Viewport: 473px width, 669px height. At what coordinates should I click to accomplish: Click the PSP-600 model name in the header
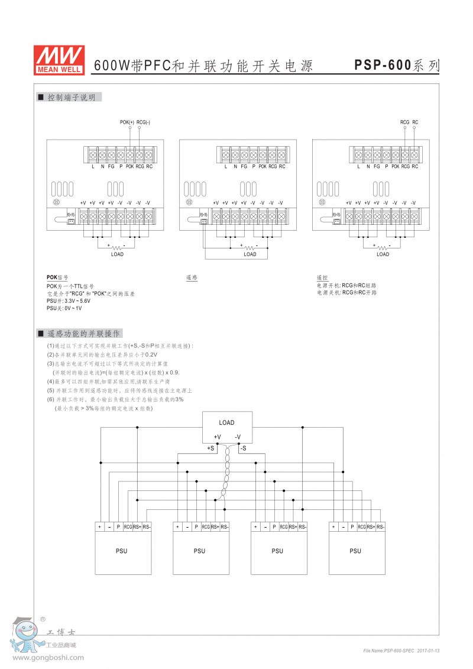click(x=383, y=66)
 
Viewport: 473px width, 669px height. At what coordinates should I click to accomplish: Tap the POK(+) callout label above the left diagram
click(x=127, y=122)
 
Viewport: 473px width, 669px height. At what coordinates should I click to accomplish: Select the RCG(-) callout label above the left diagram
click(x=143, y=122)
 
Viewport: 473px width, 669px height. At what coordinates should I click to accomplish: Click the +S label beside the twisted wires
click(x=210, y=448)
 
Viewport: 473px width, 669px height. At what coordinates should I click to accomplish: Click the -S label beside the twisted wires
click(x=242, y=448)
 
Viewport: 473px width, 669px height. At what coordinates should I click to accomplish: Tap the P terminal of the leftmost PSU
click(x=118, y=526)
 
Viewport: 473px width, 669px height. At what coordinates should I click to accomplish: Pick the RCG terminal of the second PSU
click(x=206, y=526)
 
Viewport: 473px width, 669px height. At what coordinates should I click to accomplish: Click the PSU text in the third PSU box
click(x=277, y=551)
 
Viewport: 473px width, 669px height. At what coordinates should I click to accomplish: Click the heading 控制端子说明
click(x=71, y=98)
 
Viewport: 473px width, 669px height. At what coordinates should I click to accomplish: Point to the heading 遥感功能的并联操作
click(x=83, y=334)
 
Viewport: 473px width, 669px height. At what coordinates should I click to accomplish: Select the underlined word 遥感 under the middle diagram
click(x=192, y=277)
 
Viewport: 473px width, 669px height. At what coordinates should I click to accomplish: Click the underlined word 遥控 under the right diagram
click(x=322, y=277)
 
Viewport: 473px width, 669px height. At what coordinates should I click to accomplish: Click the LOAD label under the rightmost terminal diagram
click(x=383, y=254)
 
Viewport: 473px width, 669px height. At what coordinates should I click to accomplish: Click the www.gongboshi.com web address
click(x=48, y=657)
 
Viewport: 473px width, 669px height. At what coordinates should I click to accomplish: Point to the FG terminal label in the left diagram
click(x=111, y=167)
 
